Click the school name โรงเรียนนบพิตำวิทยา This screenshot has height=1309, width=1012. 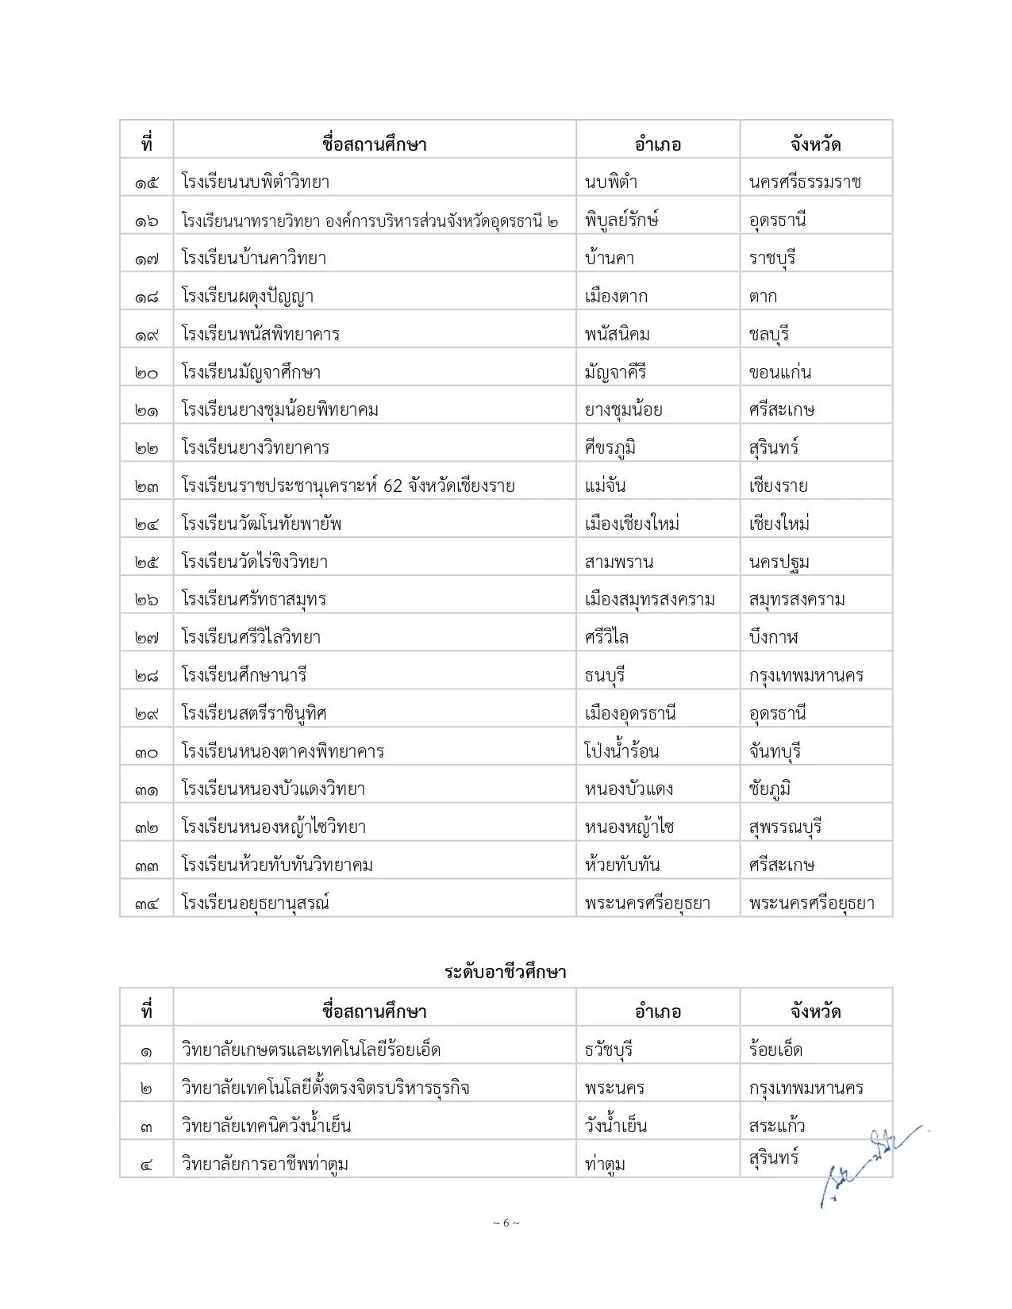pos(255,182)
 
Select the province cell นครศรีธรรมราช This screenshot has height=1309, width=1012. pos(805,182)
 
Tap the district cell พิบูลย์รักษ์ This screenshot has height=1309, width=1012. pos(622,220)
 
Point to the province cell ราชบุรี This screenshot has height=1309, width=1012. pos(772,258)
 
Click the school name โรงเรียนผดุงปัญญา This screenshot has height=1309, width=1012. pos(248,296)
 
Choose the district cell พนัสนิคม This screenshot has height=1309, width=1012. pos(618,334)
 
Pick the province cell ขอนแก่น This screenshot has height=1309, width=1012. pos(780,372)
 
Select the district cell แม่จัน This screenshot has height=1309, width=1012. pos(606,486)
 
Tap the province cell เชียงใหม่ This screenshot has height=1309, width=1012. pos(779,524)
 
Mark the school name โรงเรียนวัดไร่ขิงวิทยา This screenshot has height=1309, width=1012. pos(254,562)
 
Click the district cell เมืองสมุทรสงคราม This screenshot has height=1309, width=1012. pos(650,600)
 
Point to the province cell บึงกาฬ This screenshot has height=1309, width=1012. pos(773,637)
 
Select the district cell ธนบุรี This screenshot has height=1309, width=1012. pos(606,675)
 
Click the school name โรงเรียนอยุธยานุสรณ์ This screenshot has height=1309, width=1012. pos(256,903)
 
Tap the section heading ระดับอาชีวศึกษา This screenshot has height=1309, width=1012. pos(506,972)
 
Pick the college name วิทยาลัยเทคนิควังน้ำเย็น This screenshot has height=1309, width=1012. pos(266,1126)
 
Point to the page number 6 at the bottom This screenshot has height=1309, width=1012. pos(506,1223)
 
